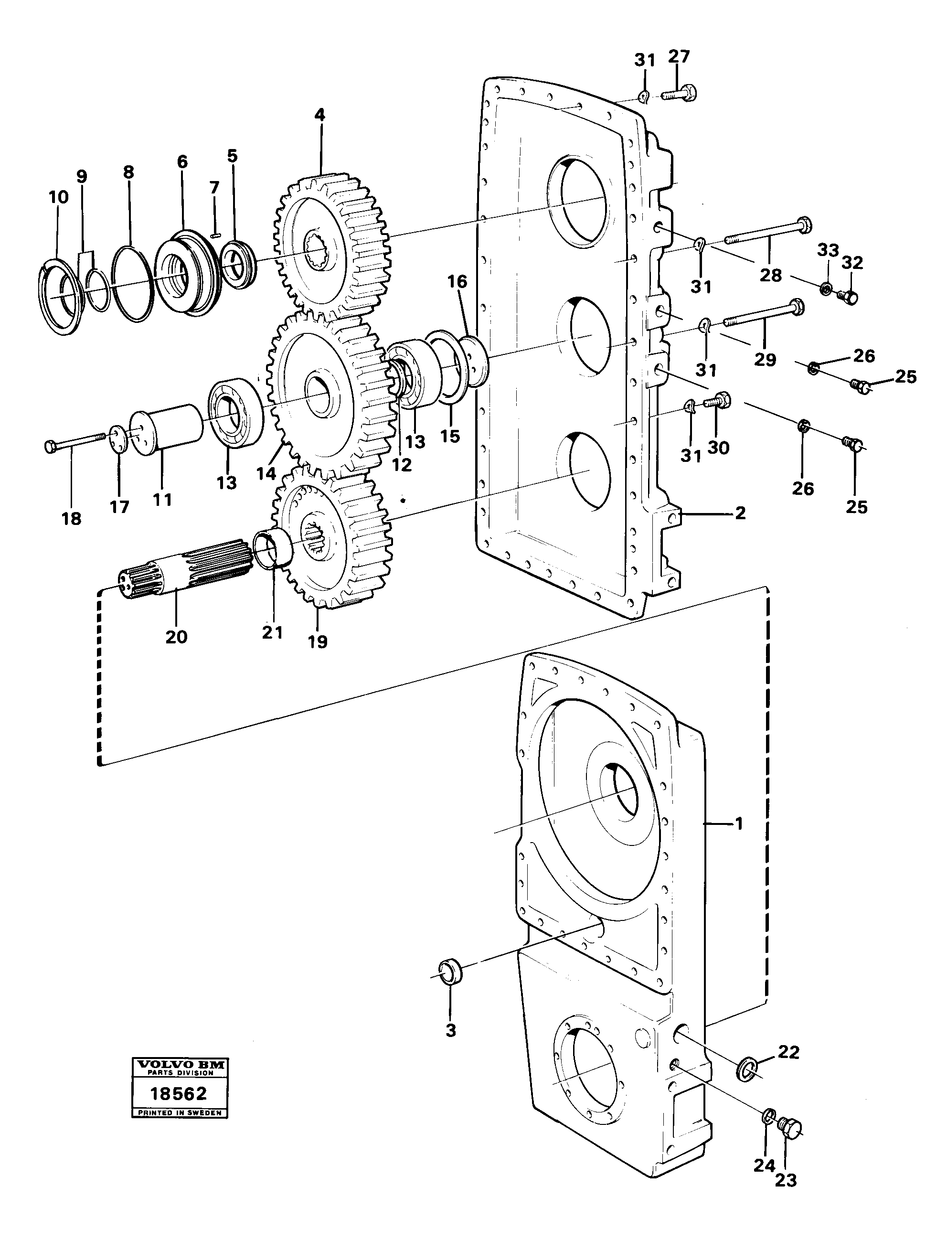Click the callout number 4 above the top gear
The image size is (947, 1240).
[x=319, y=115]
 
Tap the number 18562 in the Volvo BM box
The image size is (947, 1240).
[x=179, y=1094]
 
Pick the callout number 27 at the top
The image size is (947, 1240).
[x=679, y=57]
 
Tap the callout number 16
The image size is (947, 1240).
[x=457, y=282]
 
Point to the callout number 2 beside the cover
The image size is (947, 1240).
[x=740, y=513]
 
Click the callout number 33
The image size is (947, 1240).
[x=828, y=249]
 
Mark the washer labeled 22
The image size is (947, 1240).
[x=747, y=1069]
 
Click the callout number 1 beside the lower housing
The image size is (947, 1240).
[x=739, y=824]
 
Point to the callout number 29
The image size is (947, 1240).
[x=766, y=359]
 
